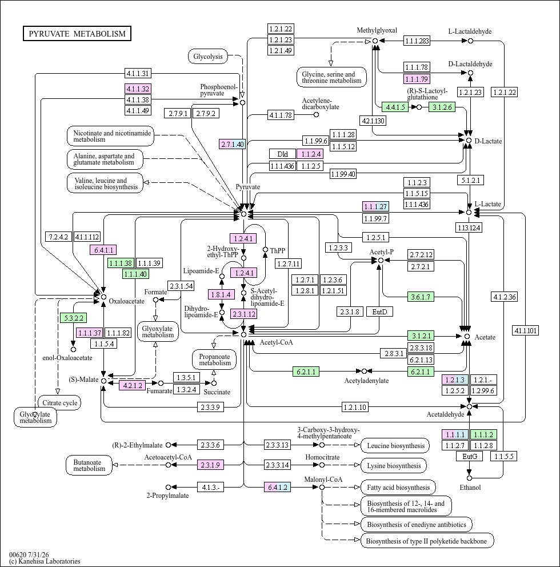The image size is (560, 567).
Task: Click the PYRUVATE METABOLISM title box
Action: point(77,34)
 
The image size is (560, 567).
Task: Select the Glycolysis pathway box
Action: point(208,57)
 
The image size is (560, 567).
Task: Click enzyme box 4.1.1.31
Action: point(138,73)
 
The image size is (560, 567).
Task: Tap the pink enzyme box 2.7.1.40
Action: point(233,144)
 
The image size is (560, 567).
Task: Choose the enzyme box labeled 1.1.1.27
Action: point(375,206)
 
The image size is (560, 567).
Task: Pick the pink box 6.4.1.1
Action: point(103,250)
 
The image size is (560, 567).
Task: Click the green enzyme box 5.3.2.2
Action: point(73,318)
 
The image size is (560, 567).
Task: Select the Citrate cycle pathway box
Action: point(59,403)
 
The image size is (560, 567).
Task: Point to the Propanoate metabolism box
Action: point(214,360)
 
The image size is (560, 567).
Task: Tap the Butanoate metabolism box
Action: point(89,465)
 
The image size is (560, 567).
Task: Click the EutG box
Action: point(470,456)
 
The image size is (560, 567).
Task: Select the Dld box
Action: point(282,154)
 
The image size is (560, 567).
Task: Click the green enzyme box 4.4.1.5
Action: point(395,107)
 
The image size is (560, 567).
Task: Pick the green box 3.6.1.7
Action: point(421,297)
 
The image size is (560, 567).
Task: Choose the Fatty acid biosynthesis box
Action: point(398,488)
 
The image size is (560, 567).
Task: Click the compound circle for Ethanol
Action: point(469,478)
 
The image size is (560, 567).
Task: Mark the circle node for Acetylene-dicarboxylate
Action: point(316,115)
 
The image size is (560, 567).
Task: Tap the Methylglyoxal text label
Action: point(377,30)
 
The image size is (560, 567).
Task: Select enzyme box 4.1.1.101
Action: point(526,330)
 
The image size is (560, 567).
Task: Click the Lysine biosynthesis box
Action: point(394,466)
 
